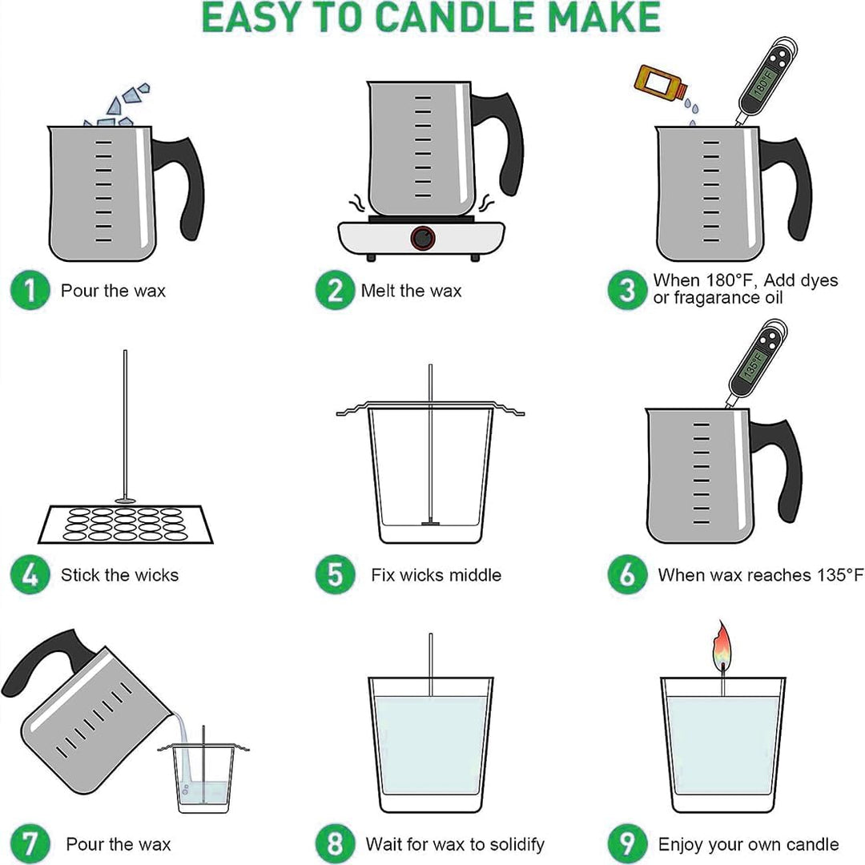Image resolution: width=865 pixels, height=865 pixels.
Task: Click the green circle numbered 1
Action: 30,290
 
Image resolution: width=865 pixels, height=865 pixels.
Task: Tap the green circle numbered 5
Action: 335,575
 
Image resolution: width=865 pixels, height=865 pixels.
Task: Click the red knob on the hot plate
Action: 423,239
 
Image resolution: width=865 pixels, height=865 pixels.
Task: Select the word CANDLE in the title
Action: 456,17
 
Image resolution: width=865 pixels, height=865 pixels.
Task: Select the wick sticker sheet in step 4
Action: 125,525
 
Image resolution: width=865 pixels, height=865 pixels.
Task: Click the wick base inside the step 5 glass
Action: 430,522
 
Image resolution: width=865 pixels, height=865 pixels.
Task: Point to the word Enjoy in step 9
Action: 680,845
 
